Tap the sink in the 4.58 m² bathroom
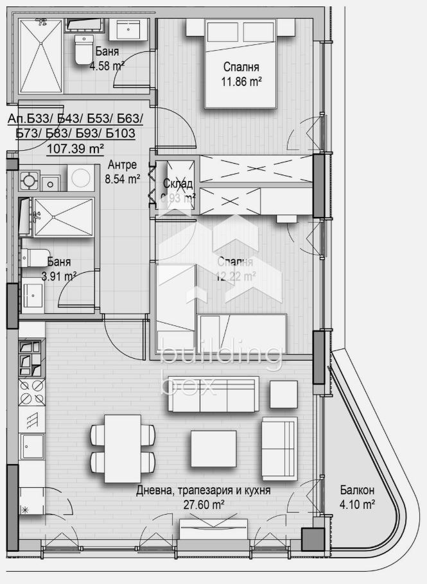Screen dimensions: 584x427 133,30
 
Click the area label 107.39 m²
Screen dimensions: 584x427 76,150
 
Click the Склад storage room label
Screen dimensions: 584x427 178,184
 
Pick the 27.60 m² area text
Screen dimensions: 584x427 203,505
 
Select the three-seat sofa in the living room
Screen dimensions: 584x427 213,395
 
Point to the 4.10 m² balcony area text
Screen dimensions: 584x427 357,505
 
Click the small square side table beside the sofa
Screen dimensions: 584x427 283,394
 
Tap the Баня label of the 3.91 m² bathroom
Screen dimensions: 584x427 59,262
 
